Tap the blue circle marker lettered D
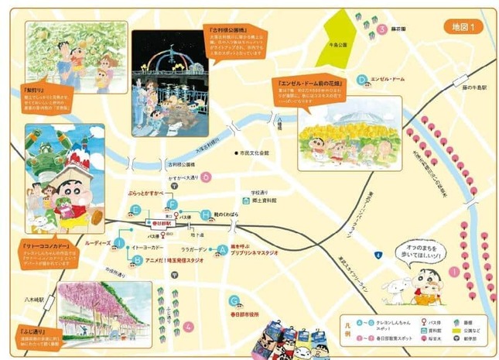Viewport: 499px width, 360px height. point(361,79)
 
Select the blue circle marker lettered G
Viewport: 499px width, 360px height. point(233,300)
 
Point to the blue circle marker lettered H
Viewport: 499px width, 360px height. point(205,214)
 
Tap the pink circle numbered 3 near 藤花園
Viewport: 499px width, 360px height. point(382,30)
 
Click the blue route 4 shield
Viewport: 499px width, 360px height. point(377,254)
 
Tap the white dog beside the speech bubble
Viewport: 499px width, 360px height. point(401,291)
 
